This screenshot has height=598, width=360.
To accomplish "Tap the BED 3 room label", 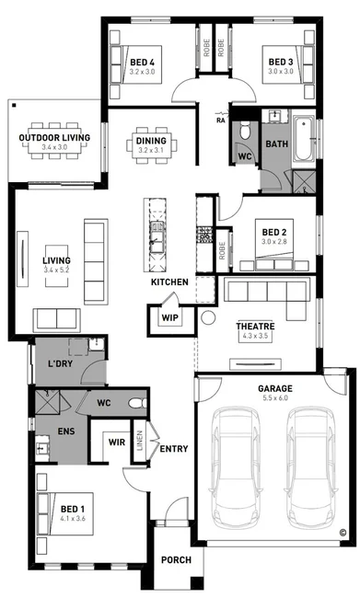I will pos(276,61).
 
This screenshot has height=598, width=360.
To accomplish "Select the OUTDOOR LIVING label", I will pos(55,138).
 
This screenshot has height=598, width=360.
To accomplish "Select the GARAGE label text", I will pos(274,388).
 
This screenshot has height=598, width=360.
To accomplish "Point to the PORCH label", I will pos(175,560).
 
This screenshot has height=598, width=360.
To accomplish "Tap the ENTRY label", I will pos(174,449).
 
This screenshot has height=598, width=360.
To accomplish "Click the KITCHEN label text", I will pos(170,281).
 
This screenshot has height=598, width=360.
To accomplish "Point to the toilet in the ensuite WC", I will pos(136,402).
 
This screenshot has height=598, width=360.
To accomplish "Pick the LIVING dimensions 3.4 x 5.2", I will pos(55,270).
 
